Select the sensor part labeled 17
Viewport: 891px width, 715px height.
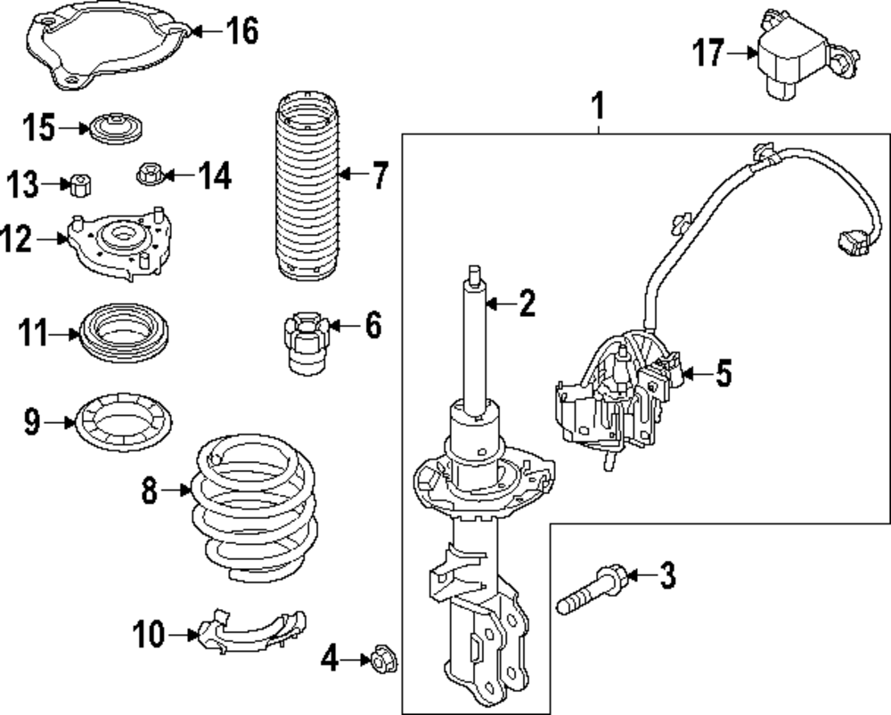coord(793,53)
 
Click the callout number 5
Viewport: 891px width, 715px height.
coord(723,374)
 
